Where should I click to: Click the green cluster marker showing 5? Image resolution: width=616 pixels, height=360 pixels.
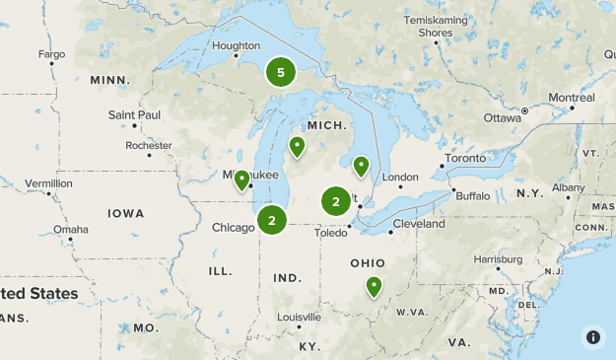pyautogui.click(x=281, y=72)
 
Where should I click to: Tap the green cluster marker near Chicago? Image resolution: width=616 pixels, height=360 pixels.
pyautogui.click(x=272, y=219)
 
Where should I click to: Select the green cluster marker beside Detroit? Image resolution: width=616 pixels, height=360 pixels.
pyautogui.click(x=336, y=201)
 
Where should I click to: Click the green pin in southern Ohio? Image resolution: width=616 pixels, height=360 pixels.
pyautogui.click(x=374, y=286)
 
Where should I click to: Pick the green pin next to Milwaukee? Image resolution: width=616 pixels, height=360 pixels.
pyautogui.click(x=240, y=180)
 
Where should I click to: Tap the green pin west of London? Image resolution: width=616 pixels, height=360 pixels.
pyautogui.click(x=361, y=166)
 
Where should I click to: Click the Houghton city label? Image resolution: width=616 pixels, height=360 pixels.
pyautogui.click(x=236, y=45)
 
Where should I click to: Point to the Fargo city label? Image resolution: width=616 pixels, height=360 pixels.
pyautogui.click(x=51, y=53)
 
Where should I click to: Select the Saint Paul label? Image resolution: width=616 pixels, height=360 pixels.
pyautogui.click(x=134, y=115)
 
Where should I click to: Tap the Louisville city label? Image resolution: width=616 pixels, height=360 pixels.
pyautogui.click(x=299, y=318)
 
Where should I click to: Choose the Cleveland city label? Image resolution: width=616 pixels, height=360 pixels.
pyautogui.click(x=418, y=224)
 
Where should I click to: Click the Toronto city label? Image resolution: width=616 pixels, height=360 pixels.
pyautogui.click(x=465, y=158)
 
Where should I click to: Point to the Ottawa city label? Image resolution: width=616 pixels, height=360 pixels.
pyautogui.click(x=502, y=117)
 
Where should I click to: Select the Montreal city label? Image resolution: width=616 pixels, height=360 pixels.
pyautogui.click(x=572, y=98)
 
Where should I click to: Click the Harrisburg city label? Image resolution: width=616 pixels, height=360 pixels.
pyautogui.click(x=497, y=259)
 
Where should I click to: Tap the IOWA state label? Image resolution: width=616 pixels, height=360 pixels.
pyautogui.click(x=126, y=213)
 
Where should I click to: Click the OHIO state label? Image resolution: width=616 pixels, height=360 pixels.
pyautogui.click(x=368, y=263)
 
